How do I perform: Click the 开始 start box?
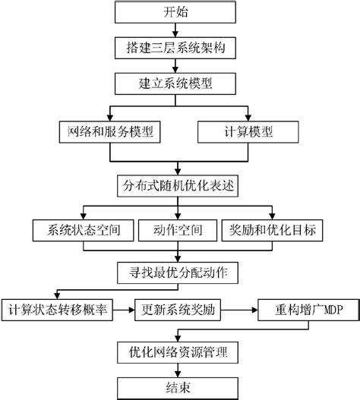point(178,14)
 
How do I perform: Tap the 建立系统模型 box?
point(178,80)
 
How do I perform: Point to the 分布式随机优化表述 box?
point(178,184)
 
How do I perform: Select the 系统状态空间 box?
point(82,228)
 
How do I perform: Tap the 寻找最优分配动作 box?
point(178,271)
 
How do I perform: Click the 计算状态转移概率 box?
point(58,310)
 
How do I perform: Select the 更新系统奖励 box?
point(178,310)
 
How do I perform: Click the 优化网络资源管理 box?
point(178,353)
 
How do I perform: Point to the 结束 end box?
point(178,387)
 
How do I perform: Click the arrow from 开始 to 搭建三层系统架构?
point(178,30)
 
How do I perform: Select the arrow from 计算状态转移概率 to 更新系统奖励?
point(124,310)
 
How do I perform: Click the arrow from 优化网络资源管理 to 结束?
point(178,370)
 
